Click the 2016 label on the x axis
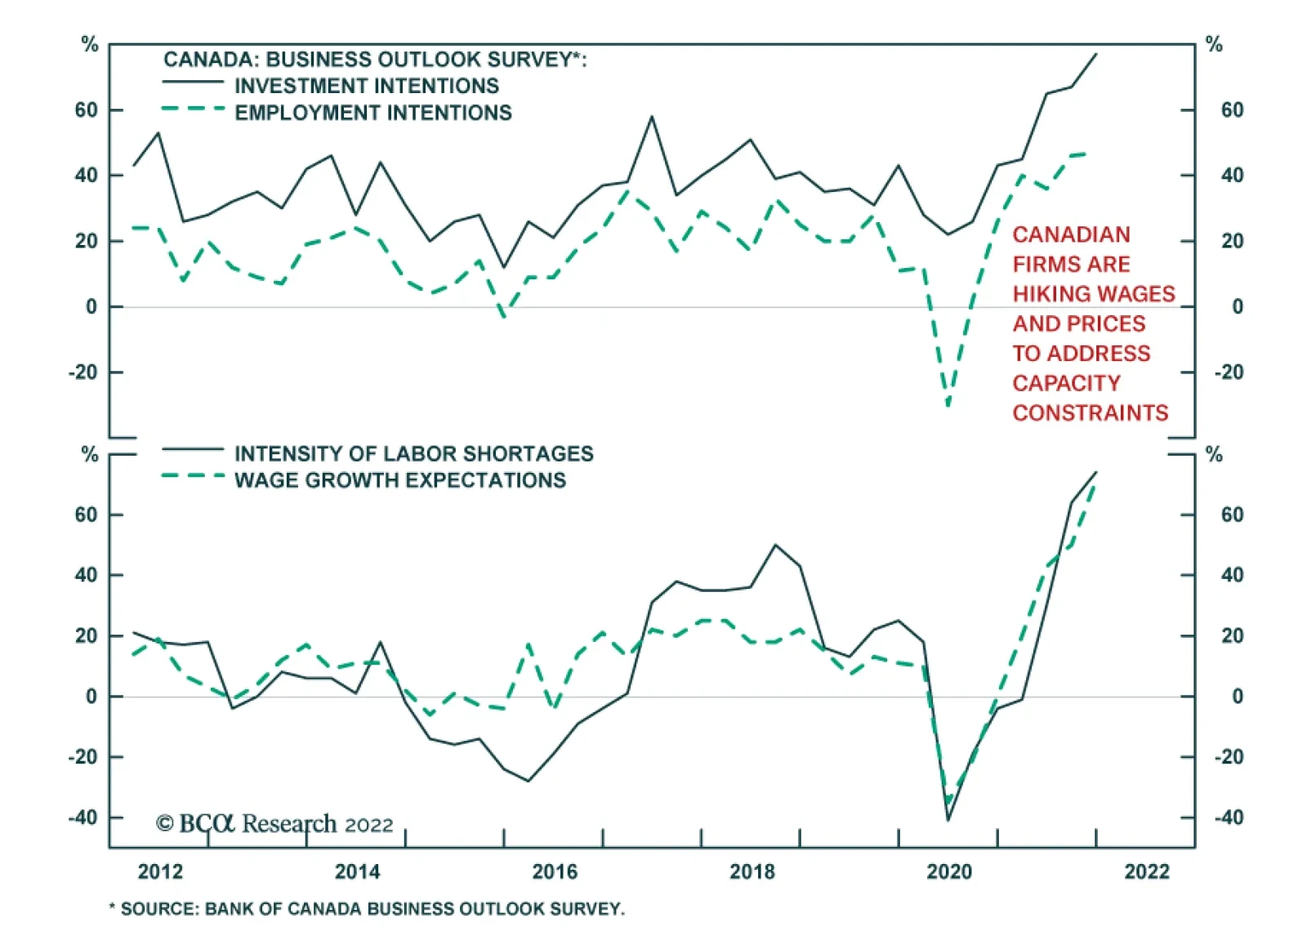pos(555,871)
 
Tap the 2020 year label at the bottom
pos(949,871)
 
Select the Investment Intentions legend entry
pos(366,86)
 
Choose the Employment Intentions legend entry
pos(372,113)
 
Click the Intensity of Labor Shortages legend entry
pos(413,453)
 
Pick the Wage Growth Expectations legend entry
pos(399,480)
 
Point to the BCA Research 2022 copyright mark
pos(274,823)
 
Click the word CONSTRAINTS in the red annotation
pos(1091,412)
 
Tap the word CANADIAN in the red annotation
pos(1071,234)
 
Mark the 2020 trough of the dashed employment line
pos(948,405)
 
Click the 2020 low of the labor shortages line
pos(948,820)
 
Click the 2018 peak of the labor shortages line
pos(775,545)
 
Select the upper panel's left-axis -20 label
pos(83,372)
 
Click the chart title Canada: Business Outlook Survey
pos(375,60)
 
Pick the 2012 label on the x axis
pos(160,871)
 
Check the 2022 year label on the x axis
pos(1147,871)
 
